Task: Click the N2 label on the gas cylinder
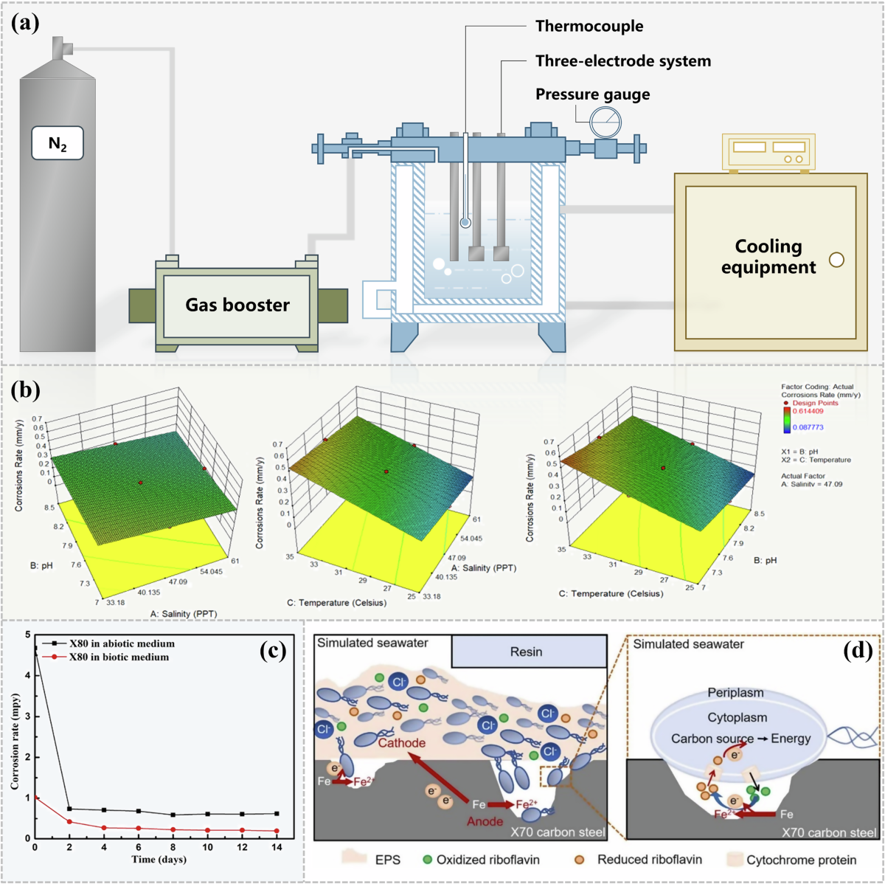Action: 58,143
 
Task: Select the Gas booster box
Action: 237,305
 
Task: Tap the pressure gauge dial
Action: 605,120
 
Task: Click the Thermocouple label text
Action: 589,27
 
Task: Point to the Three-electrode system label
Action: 623,61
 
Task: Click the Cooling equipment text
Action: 768,256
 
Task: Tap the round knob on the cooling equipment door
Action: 836,260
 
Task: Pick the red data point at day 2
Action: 69,821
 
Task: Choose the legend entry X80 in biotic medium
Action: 118,657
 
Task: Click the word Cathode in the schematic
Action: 402,743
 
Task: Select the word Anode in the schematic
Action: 484,821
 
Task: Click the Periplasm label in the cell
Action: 735,693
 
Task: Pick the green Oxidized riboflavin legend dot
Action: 427,860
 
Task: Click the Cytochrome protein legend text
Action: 801,860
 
